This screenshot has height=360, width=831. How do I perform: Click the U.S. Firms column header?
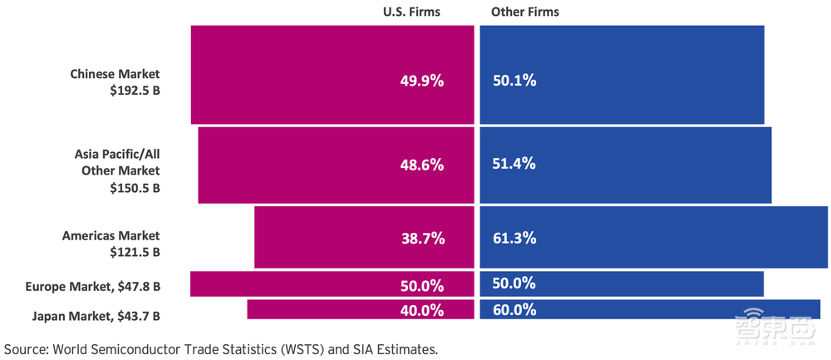(411, 12)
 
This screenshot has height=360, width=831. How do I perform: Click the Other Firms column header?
(525, 12)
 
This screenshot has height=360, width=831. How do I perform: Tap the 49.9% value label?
(423, 81)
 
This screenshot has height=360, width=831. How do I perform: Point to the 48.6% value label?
(423, 165)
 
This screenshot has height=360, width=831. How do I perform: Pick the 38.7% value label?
(423, 239)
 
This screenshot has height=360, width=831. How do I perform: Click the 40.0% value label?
(423, 311)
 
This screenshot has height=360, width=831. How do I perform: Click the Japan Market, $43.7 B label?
(96, 316)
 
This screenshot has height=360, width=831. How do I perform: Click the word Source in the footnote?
(25, 348)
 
